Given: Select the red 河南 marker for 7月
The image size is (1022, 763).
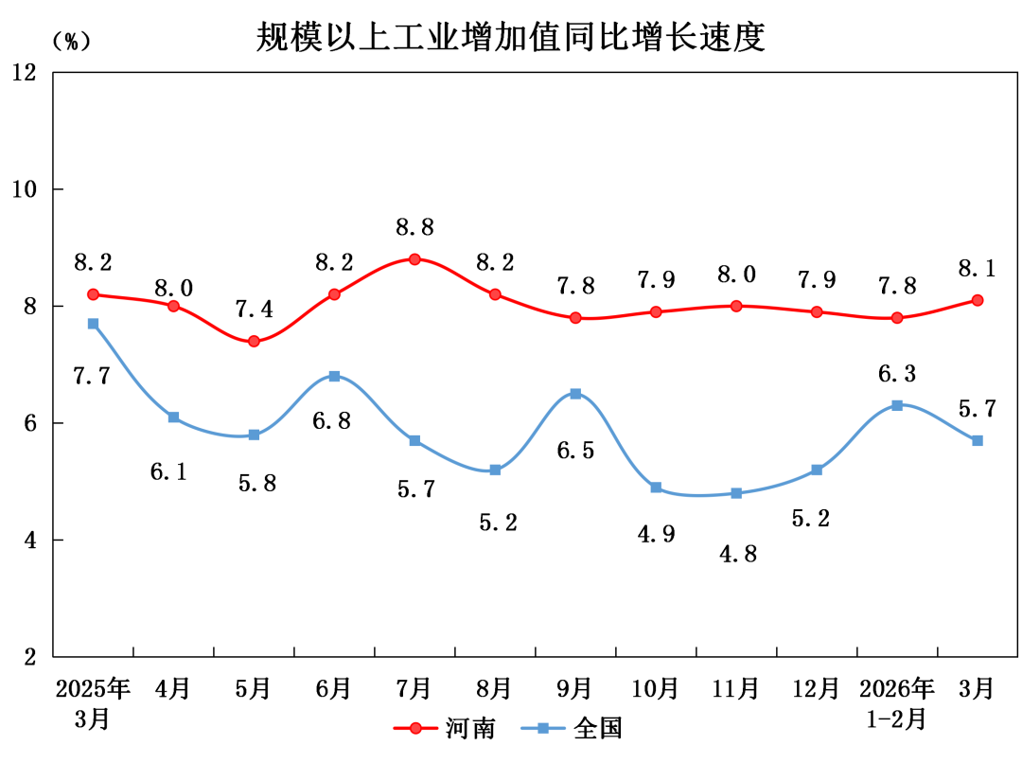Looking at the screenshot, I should [414, 259].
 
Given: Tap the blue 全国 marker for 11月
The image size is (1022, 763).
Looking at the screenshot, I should [736, 493].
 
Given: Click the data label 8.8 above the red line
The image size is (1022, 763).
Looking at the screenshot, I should [414, 228].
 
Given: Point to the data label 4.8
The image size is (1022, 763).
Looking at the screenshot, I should [737, 554].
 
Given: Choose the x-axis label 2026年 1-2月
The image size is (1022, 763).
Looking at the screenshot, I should [896, 702].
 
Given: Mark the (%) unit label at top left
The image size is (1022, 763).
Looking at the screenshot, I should [71, 41].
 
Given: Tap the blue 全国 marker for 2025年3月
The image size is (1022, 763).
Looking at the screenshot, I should [93, 324].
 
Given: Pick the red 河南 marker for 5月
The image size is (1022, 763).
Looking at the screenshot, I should [254, 341].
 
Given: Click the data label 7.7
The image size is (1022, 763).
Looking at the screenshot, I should [92, 376].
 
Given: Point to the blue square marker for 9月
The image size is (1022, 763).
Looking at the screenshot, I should [575, 394].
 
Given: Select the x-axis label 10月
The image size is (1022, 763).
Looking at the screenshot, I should [656, 687].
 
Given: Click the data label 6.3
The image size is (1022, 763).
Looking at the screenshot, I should [896, 373].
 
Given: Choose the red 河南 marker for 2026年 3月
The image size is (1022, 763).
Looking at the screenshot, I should [978, 300].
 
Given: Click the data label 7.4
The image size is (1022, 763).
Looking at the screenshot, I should [254, 310].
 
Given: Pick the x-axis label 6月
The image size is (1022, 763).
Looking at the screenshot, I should [334, 687].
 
